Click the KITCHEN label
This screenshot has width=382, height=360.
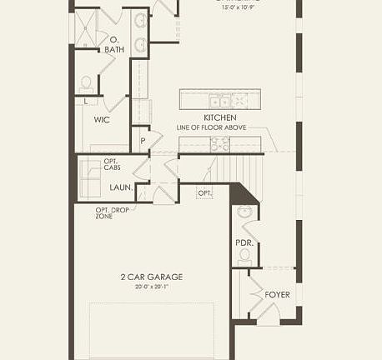point(220,117)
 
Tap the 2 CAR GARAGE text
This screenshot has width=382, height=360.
point(150,277)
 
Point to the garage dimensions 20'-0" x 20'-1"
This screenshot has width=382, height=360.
point(150,287)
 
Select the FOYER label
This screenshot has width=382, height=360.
point(277,295)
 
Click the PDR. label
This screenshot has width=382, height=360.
point(244,242)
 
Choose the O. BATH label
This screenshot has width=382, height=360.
point(117,44)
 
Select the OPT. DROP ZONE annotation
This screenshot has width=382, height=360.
point(104,212)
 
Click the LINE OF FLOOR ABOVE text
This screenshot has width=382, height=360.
point(214,127)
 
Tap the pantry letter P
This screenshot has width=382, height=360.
point(143,142)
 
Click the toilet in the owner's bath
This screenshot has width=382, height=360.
point(86,83)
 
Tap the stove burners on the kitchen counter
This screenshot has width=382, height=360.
point(219,145)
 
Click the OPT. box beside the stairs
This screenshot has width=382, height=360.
point(204,192)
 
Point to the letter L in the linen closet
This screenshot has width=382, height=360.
point(87,101)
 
